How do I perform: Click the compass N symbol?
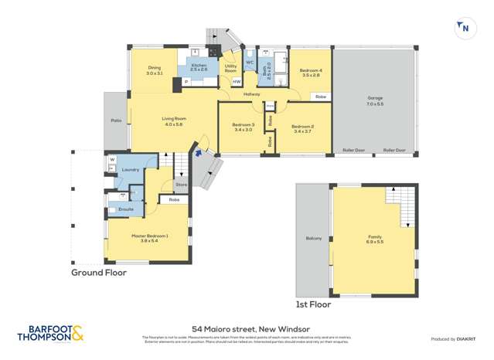[x=463, y=28]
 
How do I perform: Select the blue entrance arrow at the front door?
[x=199, y=153]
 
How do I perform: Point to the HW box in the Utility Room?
[x=236, y=81]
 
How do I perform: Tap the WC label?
[x=250, y=62]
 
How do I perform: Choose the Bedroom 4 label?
[x=310, y=71]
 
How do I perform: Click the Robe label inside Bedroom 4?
[x=320, y=97]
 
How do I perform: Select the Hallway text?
[x=252, y=94]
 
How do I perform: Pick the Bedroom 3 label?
[x=243, y=125]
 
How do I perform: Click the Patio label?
[x=116, y=121]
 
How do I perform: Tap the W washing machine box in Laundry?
[x=112, y=160]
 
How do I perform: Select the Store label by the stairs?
[x=181, y=185]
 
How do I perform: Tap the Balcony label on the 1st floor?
[x=313, y=238]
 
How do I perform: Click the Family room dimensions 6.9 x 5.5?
[x=375, y=243]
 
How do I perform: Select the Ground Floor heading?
[x=99, y=272]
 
